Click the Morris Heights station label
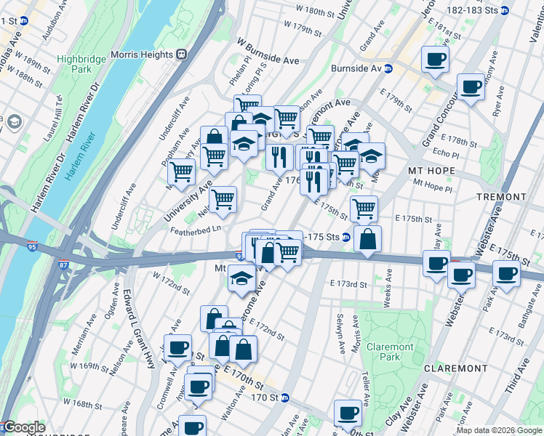coord(144,54)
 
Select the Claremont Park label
coord(389,352)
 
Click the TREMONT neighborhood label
coord(501,197)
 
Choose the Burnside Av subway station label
coord(356,68)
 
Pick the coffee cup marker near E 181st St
coord(435,60)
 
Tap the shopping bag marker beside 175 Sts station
coord(368,238)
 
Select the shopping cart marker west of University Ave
coord(181,172)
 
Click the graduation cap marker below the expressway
coord(241,277)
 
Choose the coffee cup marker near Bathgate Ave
coord(506,273)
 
